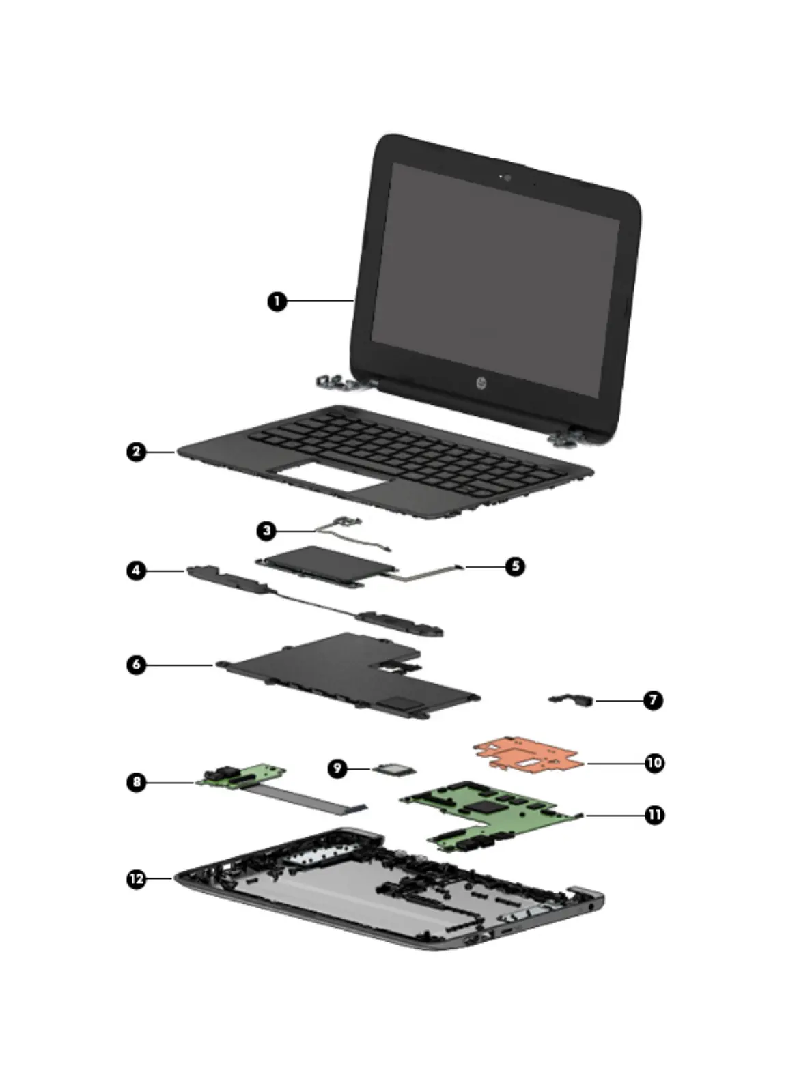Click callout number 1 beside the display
277,301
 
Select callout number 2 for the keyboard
137,452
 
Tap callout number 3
266,530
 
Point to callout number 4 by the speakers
137,570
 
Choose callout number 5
515,566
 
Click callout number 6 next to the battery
137,664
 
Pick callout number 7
653,700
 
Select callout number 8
137,781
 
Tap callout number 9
337,768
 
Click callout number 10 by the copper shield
654,762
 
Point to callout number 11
654,815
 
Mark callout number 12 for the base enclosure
137,879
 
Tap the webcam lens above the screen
507,178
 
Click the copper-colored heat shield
526,754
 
